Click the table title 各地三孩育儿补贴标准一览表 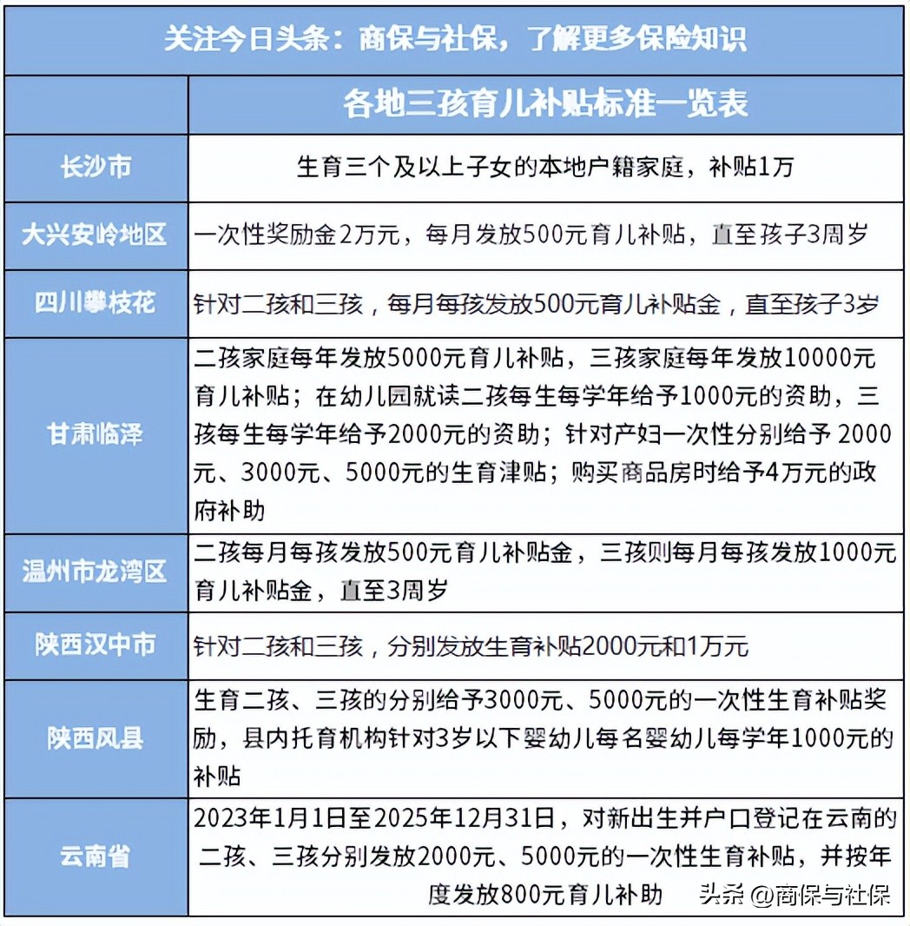pyautogui.click(x=545, y=104)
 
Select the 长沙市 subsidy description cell pyautogui.click(x=545, y=167)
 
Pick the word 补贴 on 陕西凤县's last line pyautogui.click(x=218, y=776)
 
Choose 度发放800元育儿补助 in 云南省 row pyautogui.click(x=545, y=894)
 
